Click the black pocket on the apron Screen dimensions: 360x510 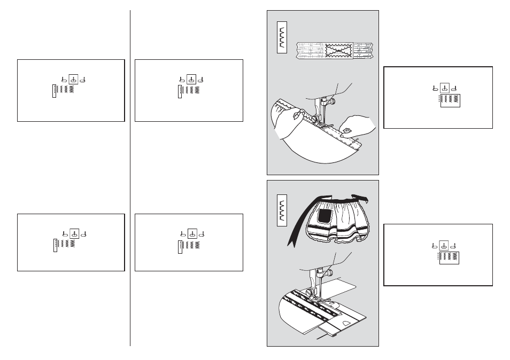(x=325, y=215)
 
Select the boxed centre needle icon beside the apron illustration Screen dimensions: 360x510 (x=443, y=246)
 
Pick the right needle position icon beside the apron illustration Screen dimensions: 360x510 (x=454, y=246)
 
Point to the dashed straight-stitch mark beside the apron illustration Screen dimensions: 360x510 (x=438, y=257)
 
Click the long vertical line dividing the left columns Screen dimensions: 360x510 (x=130, y=176)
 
